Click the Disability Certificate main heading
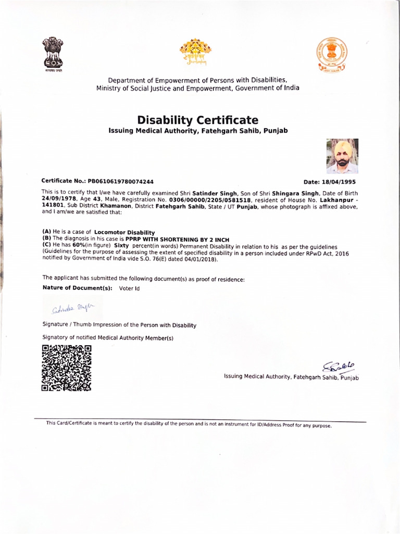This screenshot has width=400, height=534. coord(197,120)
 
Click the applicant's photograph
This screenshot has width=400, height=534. coord(342,156)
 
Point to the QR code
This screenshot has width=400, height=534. coord(67,368)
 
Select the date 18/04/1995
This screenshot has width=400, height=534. coord(341,182)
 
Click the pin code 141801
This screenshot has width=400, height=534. coord(52,206)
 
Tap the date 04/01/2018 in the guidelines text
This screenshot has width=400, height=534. coord(200,259)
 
